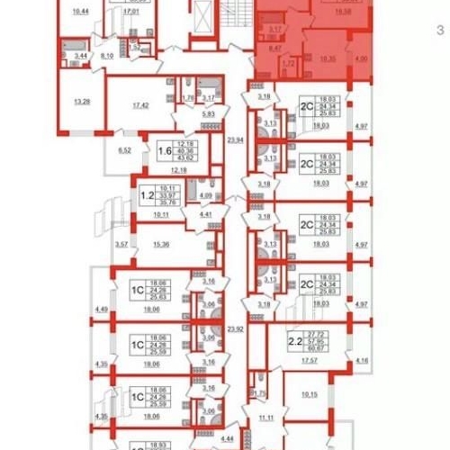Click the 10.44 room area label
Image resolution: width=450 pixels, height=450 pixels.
point(80,12)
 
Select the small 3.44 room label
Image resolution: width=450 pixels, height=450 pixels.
point(81,57)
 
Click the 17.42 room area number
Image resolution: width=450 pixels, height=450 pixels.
point(139,105)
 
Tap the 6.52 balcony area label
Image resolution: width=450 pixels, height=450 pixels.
point(127,151)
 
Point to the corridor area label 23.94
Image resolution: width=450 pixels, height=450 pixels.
point(237,140)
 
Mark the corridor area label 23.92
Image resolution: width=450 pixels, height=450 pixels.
point(237,328)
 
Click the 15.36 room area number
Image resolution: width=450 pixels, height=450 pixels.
point(162,245)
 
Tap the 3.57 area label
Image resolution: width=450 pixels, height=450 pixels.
point(121,245)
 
